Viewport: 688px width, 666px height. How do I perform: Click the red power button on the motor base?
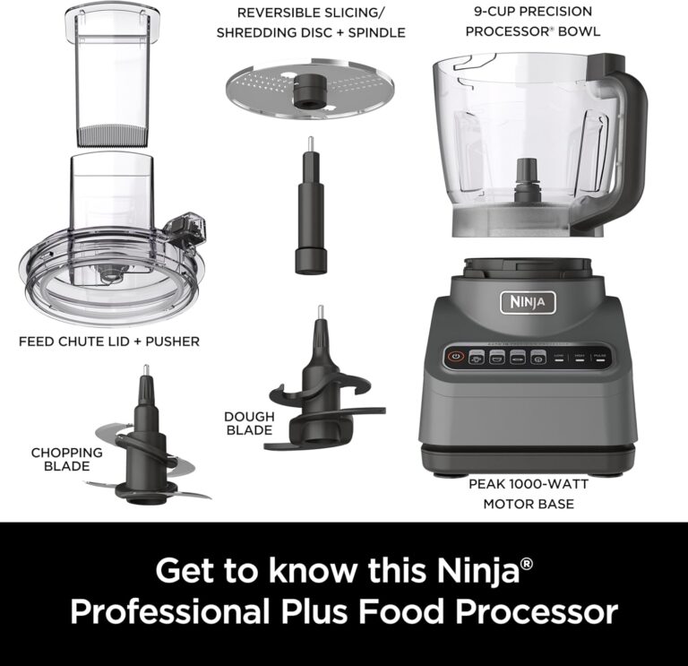pyautogui.click(x=455, y=356)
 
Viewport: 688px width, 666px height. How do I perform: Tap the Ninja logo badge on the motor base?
pyautogui.click(x=527, y=302)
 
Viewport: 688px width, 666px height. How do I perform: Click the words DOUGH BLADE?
pyautogui.click(x=248, y=423)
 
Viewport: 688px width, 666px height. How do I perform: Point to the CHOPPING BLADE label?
pyautogui.click(x=67, y=459)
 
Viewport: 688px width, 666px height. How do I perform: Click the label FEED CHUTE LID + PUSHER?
pyautogui.click(x=109, y=341)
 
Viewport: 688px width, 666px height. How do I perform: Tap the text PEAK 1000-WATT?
pyautogui.click(x=528, y=484)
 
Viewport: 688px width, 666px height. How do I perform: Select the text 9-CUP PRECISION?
pyautogui.click(x=532, y=12)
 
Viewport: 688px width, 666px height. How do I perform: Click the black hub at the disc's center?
pyautogui.click(x=311, y=86)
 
